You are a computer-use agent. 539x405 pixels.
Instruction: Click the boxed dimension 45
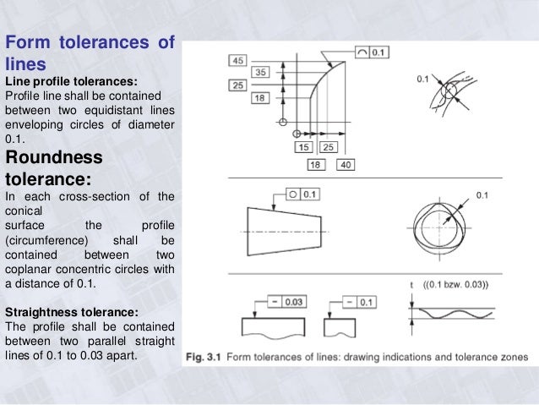pyautogui.click(x=238, y=60)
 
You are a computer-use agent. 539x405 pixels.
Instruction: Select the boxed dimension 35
pyautogui.click(x=260, y=73)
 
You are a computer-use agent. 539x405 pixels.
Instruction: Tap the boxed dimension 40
pyautogui.click(x=345, y=165)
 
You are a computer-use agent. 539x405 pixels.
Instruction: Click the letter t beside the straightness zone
pyautogui.click(x=411, y=285)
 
